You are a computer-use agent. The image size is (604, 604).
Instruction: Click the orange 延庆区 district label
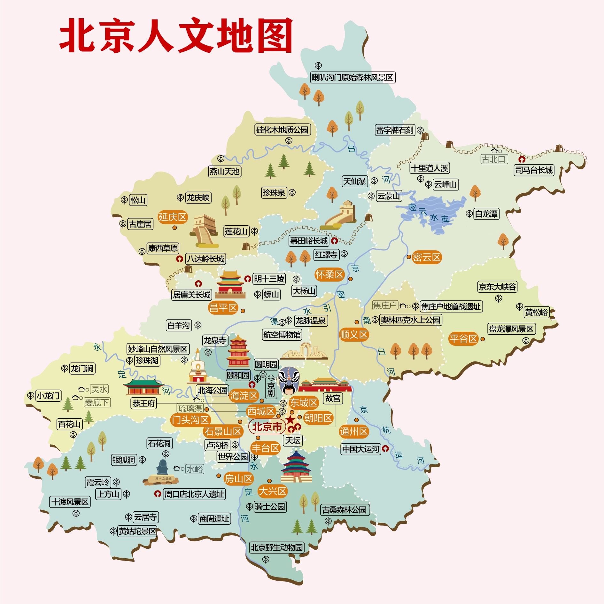click(x=173, y=217)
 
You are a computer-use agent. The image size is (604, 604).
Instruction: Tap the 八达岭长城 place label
click(x=206, y=259)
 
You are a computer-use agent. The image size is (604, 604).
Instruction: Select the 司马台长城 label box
click(x=534, y=170)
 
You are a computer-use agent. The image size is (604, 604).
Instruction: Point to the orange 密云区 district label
click(x=427, y=257)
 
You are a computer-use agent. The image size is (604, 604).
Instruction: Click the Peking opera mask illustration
click(x=289, y=380)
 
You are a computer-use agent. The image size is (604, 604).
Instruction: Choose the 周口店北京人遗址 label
click(x=194, y=494)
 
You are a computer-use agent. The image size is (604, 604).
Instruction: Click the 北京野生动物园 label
click(x=276, y=547)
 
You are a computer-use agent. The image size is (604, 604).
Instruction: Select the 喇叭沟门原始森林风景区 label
click(x=352, y=77)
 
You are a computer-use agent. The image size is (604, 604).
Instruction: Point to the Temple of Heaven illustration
click(x=296, y=467)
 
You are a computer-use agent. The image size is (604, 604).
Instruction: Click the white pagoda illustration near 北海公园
click(x=198, y=368)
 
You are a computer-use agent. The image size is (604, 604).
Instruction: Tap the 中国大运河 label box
click(x=361, y=449)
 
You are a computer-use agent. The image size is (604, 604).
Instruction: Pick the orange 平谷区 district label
click(x=463, y=338)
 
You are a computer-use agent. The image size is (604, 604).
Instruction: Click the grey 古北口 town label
click(x=494, y=159)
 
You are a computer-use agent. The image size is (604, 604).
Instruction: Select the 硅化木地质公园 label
click(x=282, y=130)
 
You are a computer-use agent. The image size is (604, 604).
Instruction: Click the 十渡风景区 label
click(x=70, y=502)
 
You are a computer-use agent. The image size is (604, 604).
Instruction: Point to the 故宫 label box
click(x=333, y=399)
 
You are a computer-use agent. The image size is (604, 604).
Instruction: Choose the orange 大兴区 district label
click(x=272, y=491)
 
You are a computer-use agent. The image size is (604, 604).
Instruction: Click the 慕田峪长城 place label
click(x=309, y=241)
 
